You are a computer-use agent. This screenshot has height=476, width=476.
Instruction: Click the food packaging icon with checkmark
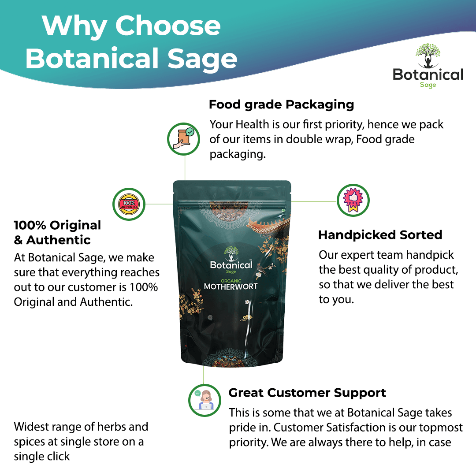point(183,139)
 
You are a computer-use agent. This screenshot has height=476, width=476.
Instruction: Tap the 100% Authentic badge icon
point(129,205)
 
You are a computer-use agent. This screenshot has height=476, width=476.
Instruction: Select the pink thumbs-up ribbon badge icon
point(353,201)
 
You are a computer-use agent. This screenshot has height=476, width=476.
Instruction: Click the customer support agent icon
point(205,400)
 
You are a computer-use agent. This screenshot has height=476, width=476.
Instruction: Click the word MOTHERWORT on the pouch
point(231,286)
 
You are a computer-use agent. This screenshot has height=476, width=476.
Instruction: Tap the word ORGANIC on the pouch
point(231,281)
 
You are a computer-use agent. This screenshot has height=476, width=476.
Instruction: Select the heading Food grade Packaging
point(281,105)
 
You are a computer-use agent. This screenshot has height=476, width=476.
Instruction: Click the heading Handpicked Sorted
point(380,234)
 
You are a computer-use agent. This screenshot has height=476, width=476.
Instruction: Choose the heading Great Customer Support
point(307,393)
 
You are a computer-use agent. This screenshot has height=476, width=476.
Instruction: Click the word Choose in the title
point(168,26)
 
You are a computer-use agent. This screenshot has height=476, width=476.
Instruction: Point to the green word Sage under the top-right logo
point(428,85)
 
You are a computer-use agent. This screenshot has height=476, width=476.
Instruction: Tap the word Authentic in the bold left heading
point(58,240)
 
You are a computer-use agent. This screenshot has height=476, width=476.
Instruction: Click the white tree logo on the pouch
point(231,253)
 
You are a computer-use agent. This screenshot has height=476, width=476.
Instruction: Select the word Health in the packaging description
point(252,124)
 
